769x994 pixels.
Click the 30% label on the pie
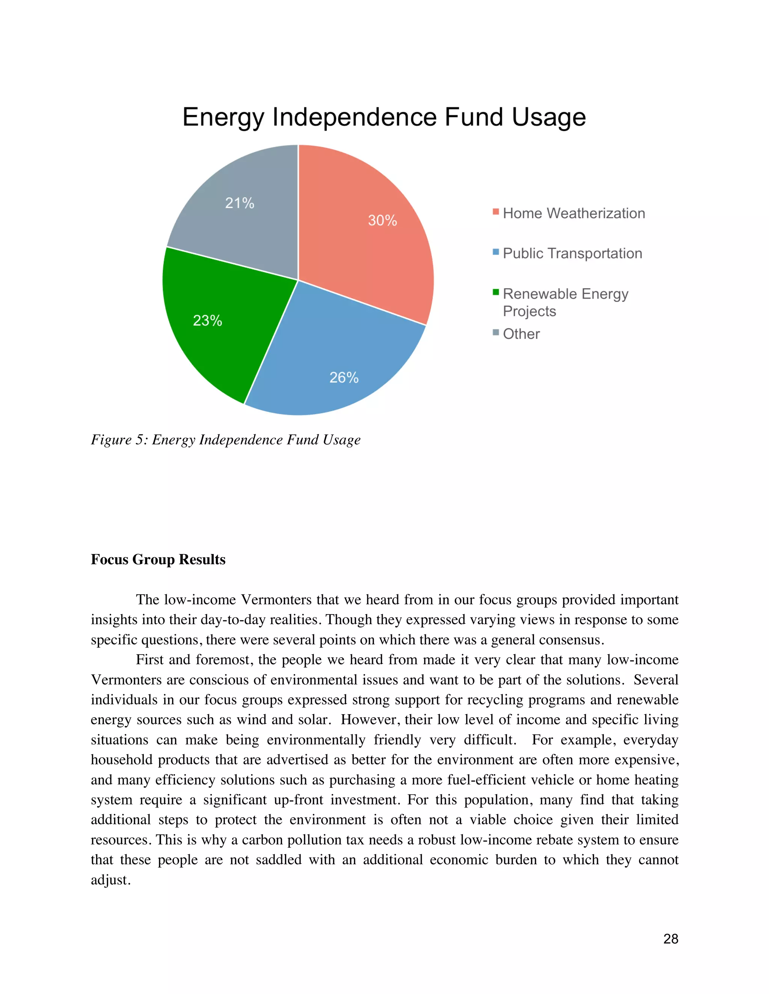[382, 221]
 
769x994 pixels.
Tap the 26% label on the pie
[344, 377]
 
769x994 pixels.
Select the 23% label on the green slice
[207, 320]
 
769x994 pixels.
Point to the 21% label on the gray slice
[240, 203]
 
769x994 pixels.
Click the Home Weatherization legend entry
[574, 213]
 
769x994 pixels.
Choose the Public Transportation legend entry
[572, 254]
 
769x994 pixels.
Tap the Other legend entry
[521, 334]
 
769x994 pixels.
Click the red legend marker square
[496, 212]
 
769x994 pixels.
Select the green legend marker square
[496, 292]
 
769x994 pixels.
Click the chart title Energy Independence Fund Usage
[384, 117]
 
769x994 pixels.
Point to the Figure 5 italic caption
[226, 440]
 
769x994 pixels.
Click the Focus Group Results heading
[158, 559]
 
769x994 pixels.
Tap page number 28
[671, 939]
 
